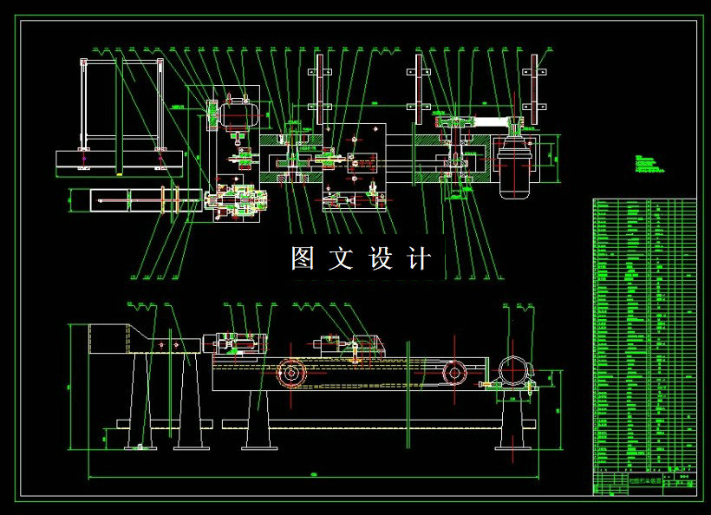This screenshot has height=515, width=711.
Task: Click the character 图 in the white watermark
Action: (x=302, y=258)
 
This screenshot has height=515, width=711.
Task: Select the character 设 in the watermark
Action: (x=381, y=258)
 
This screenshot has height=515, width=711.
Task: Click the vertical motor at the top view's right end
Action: (x=518, y=167)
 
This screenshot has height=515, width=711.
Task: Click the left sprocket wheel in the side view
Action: (x=290, y=375)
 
